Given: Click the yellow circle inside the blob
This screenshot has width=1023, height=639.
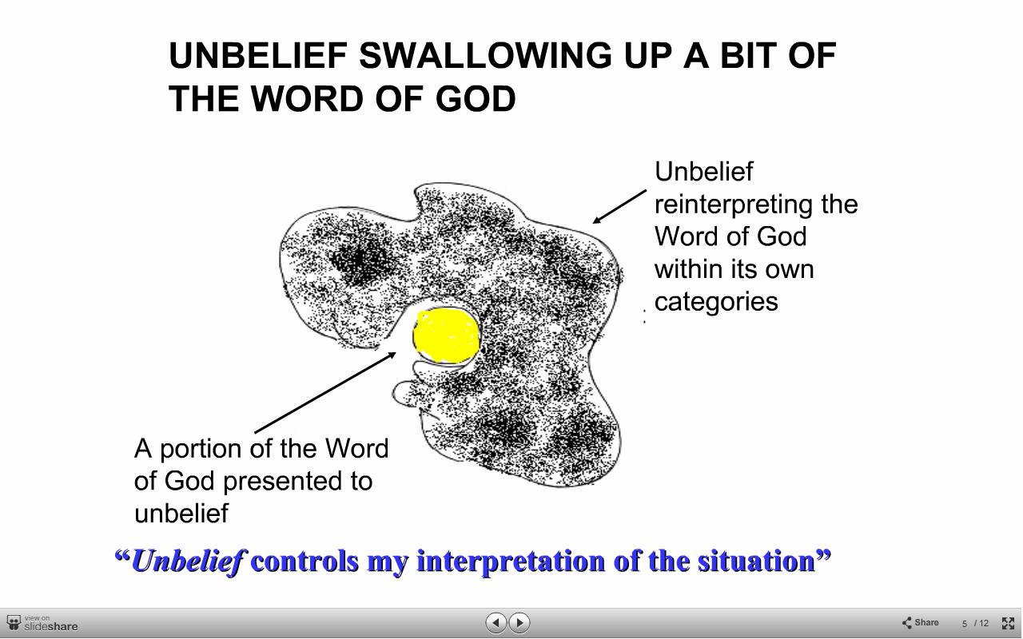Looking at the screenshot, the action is coord(446,335).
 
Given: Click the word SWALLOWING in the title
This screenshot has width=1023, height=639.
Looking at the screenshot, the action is coord(485,56).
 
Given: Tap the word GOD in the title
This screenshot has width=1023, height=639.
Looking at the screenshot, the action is coord(476,98).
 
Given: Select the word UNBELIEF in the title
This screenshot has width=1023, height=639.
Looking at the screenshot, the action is coord(258,56).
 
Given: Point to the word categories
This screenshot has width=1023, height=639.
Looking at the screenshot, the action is coord(716,302).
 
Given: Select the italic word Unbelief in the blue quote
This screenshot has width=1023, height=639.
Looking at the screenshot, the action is coord(189,561).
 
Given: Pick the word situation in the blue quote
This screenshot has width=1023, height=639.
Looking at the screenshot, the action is coord(756,561).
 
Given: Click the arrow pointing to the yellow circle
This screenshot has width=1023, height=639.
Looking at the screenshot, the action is coord(325,392).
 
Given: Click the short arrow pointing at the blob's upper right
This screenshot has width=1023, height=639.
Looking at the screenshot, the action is coord(619,206).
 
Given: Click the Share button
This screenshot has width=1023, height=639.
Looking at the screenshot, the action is coord(921,622).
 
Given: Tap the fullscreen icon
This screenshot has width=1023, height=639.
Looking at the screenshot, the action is coord(1008,623).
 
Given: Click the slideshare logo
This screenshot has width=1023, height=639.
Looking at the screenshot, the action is coord(42,624).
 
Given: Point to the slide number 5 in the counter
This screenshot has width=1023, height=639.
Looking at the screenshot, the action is coord(965,624).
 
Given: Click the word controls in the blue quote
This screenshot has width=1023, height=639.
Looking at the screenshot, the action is coord(305,561).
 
